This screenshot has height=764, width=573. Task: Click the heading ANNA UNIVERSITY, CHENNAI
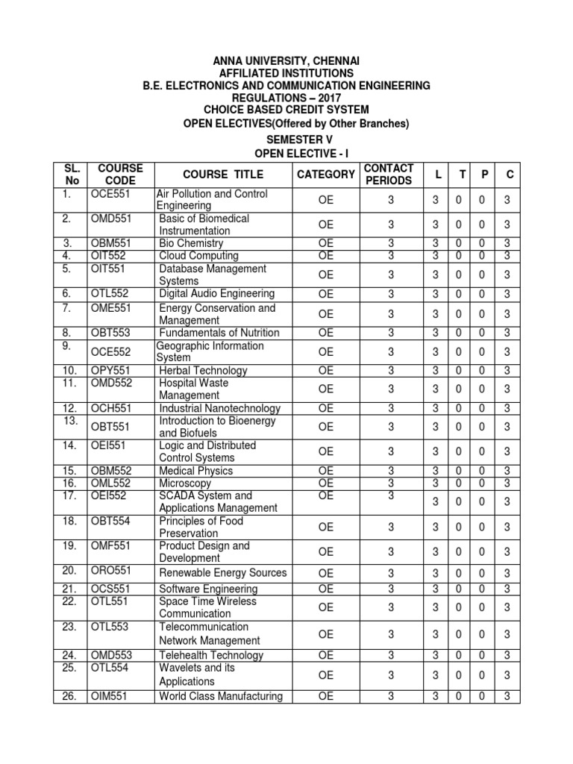(x=286, y=60)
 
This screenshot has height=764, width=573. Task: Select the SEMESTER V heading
(x=286, y=140)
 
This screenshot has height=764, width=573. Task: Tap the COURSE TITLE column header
(x=223, y=174)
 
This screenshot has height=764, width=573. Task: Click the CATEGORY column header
(x=326, y=174)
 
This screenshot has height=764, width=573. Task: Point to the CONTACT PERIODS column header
(x=388, y=174)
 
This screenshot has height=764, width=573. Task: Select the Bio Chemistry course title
(x=191, y=243)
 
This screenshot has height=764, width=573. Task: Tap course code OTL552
(x=110, y=294)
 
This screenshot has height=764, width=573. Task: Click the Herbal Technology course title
(x=203, y=371)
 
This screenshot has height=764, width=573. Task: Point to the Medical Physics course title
(x=195, y=471)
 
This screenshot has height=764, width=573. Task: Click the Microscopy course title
(x=186, y=483)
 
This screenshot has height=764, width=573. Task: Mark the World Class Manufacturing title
(x=221, y=697)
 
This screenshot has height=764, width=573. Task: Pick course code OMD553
(x=111, y=655)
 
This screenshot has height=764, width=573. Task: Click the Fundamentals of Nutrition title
(x=219, y=333)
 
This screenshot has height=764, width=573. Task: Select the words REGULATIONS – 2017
(x=286, y=98)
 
